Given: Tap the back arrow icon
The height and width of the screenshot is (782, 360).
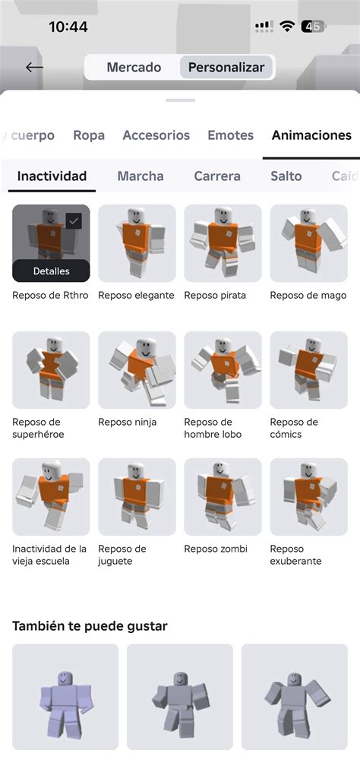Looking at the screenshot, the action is [x=34, y=67].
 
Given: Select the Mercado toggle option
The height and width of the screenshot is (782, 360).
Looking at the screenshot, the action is [x=134, y=68].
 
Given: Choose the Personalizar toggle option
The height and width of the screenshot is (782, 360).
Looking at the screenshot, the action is [x=226, y=68].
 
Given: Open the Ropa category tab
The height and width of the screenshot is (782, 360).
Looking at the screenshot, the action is [x=89, y=135].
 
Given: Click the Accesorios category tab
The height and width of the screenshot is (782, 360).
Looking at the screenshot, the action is [x=156, y=135].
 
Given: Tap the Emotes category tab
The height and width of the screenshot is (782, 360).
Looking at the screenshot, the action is [x=230, y=135].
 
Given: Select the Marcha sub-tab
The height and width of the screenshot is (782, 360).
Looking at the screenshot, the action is [x=140, y=176].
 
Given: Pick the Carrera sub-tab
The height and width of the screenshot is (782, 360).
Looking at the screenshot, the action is [x=217, y=176].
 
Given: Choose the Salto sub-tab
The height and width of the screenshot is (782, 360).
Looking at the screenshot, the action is [x=286, y=176].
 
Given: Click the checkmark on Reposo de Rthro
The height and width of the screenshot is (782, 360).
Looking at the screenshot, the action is [x=74, y=221].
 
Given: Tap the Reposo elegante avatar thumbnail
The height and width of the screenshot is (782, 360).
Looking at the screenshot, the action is [x=137, y=243].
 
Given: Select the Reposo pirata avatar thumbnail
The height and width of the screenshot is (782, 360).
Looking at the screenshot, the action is [x=223, y=243].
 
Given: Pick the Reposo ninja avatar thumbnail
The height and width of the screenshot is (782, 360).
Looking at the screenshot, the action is [x=137, y=370].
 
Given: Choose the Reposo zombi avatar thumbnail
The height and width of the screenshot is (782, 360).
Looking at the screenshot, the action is [x=223, y=497].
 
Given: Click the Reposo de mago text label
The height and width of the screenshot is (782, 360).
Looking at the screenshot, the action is [x=308, y=295].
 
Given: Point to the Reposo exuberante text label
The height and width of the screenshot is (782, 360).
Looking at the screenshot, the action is [x=295, y=555].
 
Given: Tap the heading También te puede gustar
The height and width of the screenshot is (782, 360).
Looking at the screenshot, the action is [x=90, y=626].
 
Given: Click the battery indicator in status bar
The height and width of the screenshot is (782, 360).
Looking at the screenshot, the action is [x=313, y=27].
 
